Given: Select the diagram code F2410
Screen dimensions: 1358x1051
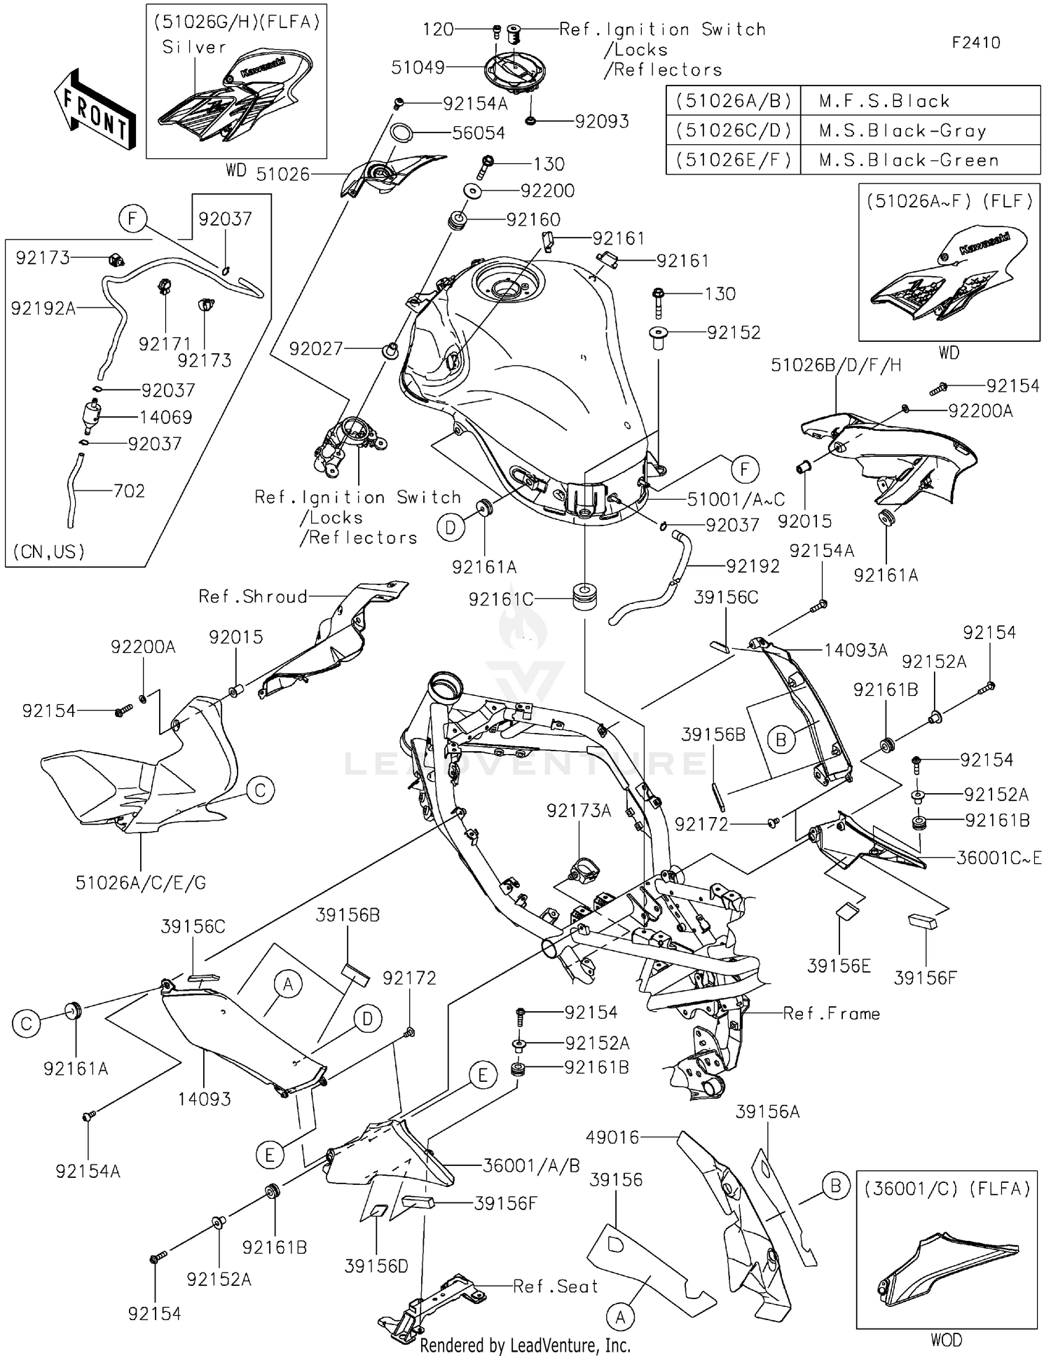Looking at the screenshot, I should (x=975, y=43).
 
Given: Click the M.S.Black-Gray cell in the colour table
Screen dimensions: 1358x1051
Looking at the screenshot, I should (x=902, y=131).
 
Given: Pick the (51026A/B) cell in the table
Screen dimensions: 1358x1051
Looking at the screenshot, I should (x=733, y=101).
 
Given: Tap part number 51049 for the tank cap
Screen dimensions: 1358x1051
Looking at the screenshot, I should (x=418, y=67).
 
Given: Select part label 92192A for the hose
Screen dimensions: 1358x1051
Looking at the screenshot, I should (x=43, y=308).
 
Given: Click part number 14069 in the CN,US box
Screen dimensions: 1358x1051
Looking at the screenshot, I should (x=165, y=418).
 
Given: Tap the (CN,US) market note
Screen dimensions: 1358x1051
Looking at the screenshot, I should (x=48, y=551).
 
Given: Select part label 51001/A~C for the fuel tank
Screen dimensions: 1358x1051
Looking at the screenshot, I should (x=736, y=499).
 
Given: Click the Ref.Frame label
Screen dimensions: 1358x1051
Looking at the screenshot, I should (x=831, y=1013).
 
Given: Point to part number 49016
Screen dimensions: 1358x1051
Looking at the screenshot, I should (x=613, y=1137).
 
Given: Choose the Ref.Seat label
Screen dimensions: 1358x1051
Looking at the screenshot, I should (x=556, y=1287).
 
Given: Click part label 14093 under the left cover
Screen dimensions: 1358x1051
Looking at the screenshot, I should (x=204, y=1099).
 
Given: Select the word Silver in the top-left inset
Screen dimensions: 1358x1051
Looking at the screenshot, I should (x=194, y=47).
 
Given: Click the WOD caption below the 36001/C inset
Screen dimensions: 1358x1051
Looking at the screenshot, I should (x=946, y=1340).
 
